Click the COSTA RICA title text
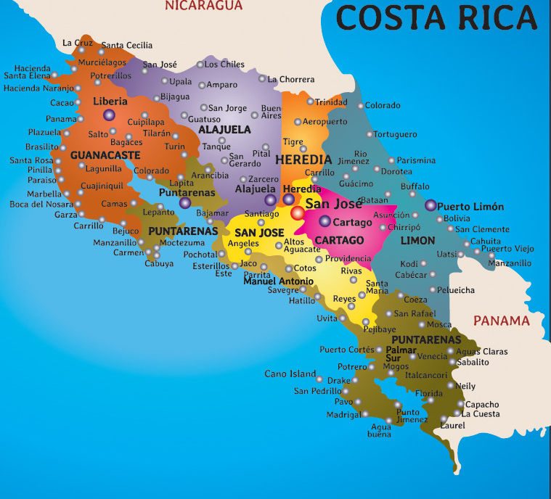click(438, 17)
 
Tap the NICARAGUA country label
click(203, 6)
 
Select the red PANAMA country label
click(501, 321)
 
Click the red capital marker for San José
click(298, 213)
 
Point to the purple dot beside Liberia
click(109, 115)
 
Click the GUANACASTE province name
click(105, 154)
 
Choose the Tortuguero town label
click(396, 134)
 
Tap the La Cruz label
click(78, 43)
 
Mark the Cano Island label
click(290, 374)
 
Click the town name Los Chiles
click(224, 65)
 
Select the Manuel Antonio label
click(278, 281)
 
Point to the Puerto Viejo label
click(507, 249)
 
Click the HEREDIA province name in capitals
click(303, 159)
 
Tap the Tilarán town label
click(157, 134)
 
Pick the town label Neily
click(465, 387)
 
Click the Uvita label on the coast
click(327, 318)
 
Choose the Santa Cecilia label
click(127, 46)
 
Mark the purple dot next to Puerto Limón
click(431, 206)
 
